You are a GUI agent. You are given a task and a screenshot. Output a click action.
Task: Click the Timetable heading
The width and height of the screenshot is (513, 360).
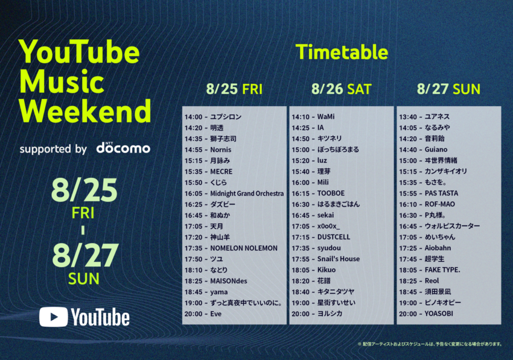pyautogui.click(x=342, y=52)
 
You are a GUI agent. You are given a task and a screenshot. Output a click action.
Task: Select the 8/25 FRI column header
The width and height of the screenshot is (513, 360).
pyautogui.click(x=234, y=89)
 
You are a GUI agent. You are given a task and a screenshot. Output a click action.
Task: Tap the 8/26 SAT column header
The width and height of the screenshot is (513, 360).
pyautogui.click(x=341, y=89)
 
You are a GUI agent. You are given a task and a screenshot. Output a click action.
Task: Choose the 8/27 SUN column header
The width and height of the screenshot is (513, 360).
pyautogui.click(x=448, y=89)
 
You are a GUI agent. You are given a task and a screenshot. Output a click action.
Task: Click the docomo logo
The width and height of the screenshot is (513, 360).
pyautogui.click(x=123, y=148)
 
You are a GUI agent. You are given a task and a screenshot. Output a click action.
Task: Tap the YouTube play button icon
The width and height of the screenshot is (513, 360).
pyautogui.click(x=54, y=317)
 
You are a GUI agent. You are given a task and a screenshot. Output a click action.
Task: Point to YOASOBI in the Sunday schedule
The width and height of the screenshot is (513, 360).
pyautogui.click(x=439, y=314)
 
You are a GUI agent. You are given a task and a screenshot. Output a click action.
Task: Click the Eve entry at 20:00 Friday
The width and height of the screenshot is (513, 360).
pyautogui.click(x=215, y=314)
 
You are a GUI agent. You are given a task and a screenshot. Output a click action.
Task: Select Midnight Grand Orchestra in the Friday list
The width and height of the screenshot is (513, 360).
pyautogui.click(x=247, y=194)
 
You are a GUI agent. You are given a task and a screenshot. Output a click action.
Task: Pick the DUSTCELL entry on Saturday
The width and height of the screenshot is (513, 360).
pyautogui.click(x=334, y=237)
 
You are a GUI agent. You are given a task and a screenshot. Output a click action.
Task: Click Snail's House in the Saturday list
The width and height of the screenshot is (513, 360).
pyautogui.click(x=339, y=259)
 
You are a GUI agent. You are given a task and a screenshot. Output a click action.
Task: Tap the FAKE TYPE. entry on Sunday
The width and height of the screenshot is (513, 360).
pyautogui.click(x=442, y=270)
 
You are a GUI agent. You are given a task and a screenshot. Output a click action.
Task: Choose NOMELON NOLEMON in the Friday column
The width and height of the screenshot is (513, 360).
pyautogui.click(x=244, y=248)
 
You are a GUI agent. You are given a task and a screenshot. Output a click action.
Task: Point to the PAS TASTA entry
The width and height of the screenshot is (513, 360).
pyautogui.click(x=441, y=193)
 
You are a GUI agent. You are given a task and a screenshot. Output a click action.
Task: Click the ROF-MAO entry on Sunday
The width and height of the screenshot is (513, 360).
pyautogui.click(x=440, y=204)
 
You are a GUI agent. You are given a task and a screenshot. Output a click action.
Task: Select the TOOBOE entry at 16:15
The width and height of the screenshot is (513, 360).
pyautogui.click(x=331, y=193)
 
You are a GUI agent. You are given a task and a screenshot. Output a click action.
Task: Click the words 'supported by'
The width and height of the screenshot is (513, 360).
pyautogui.click(x=53, y=149)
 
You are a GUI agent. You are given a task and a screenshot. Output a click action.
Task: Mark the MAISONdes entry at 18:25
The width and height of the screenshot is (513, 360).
pyautogui.click(x=228, y=281)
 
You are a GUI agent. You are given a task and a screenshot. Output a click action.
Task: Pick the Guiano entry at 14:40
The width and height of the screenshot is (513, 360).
pyautogui.click(x=436, y=150)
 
